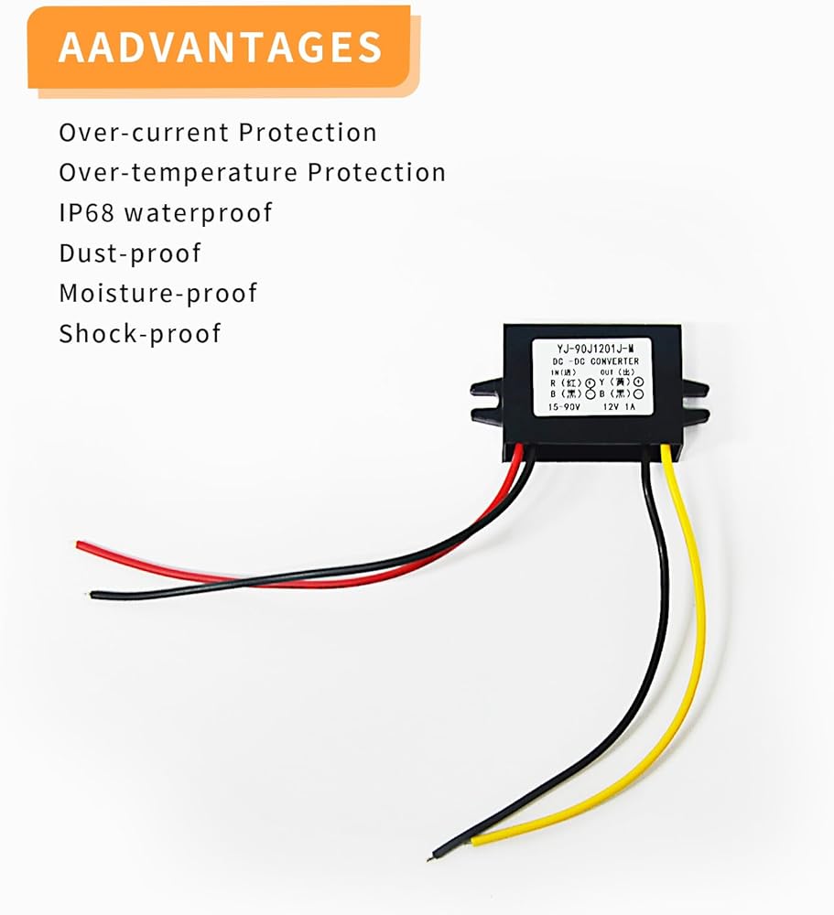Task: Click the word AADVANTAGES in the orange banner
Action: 220,47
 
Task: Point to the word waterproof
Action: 198,213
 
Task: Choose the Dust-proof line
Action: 129,253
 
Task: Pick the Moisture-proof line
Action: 157,293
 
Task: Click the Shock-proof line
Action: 139,333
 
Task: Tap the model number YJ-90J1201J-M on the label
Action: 593,348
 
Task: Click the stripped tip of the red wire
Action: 80,545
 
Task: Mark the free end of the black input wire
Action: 94,595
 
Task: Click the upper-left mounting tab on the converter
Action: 486,389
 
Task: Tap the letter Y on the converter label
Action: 602,382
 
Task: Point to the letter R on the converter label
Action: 552,382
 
